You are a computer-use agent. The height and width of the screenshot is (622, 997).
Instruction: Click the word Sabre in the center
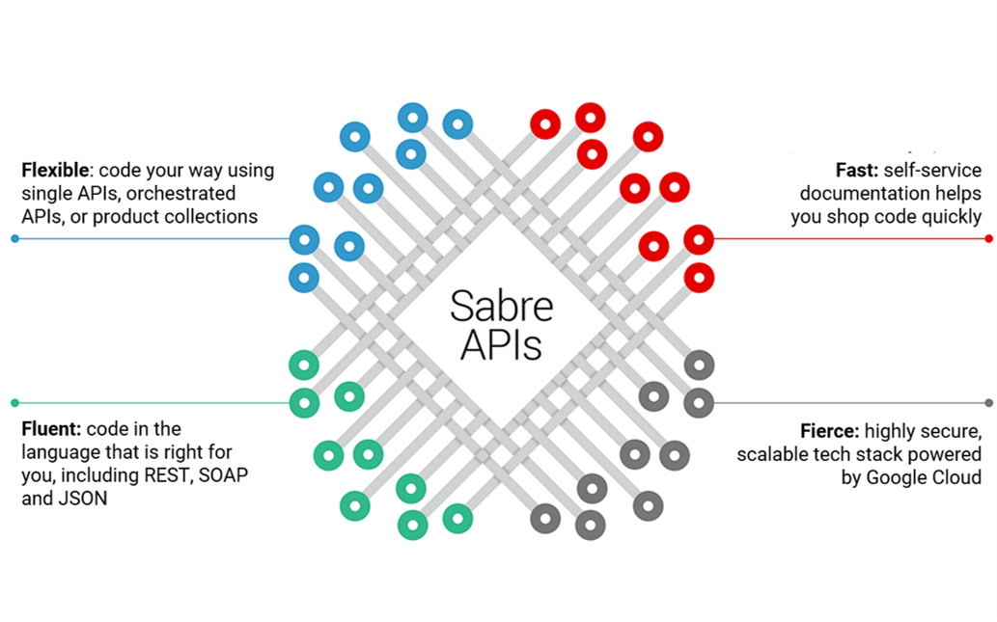(501, 306)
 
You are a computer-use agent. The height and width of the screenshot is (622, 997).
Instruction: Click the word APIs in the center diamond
(501, 345)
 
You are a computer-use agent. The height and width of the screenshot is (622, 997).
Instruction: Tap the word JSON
(82, 499)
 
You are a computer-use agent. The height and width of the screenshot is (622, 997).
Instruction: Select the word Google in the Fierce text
(898, 477)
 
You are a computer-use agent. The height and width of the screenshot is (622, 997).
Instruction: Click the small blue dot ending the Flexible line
(14, 238)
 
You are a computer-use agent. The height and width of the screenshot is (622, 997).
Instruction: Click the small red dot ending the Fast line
(988, 238)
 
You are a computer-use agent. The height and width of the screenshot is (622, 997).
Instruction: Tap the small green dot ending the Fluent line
(14, 402)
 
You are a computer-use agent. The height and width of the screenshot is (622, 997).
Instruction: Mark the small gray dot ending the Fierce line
(988, 402)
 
